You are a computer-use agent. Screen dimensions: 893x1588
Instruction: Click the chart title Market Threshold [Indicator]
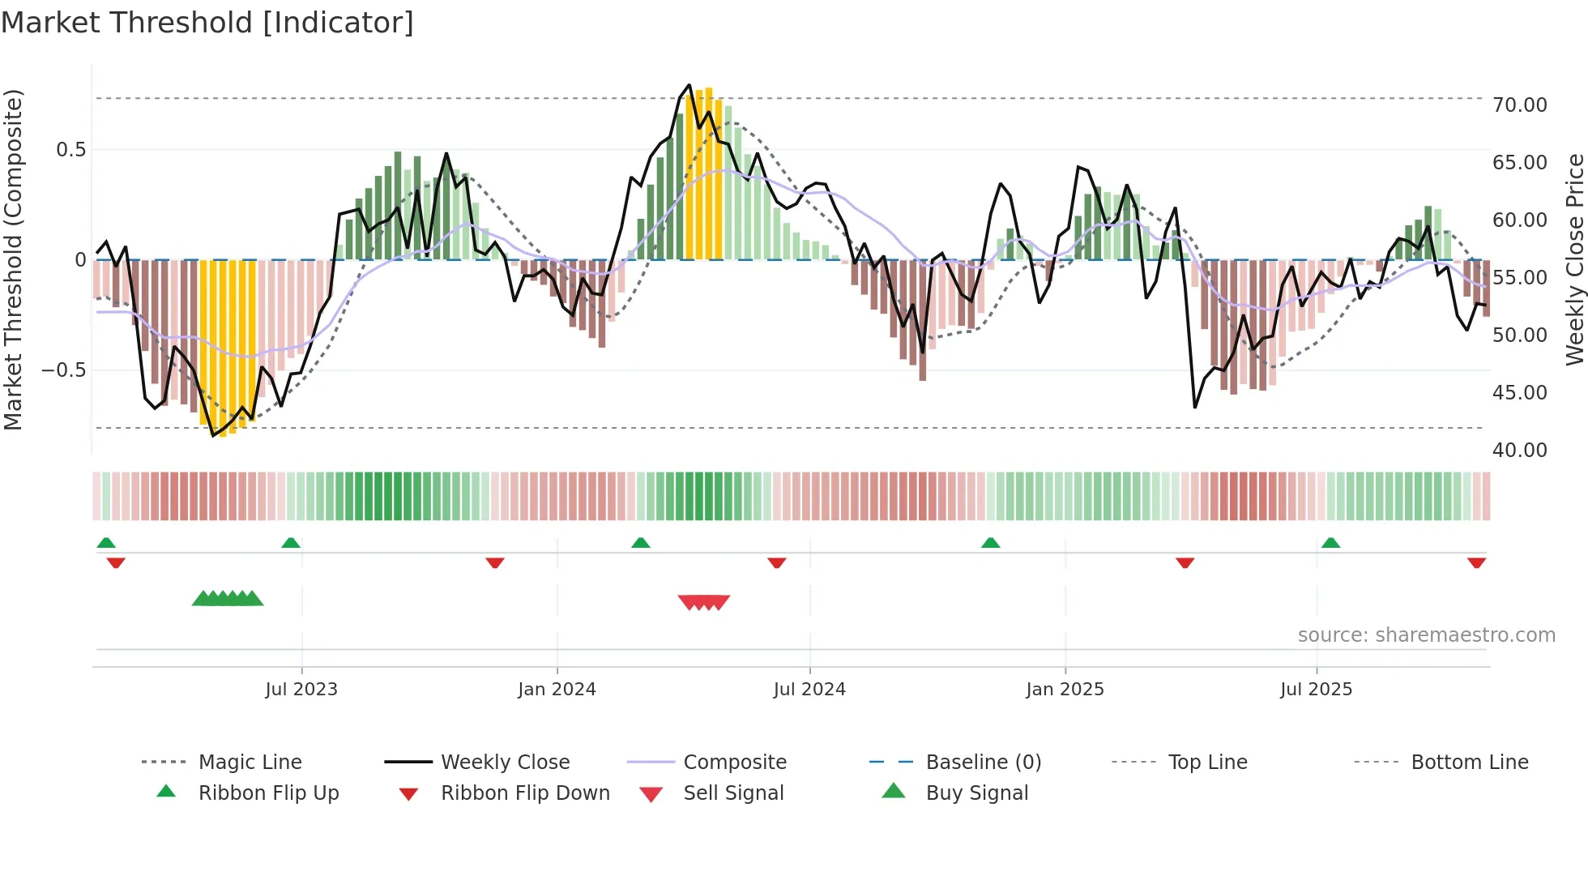click(x=207, y=23)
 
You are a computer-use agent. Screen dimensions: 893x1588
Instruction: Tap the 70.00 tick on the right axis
click(x=1519, y=105)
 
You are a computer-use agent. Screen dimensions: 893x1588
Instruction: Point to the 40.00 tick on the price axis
click(x=1519, y=451)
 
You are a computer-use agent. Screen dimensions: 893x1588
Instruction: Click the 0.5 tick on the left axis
click(x=70, y=150)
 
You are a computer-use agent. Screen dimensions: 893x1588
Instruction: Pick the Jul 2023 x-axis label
click(x=301, y=690)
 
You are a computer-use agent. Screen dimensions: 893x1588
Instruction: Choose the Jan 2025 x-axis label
click(x=1065, y=690)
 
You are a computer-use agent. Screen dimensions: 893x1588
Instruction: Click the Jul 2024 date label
click(x=809, y=690)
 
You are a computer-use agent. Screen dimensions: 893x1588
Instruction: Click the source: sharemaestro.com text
click(x=1426, y=635)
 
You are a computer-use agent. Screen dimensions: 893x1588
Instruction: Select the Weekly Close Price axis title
click(x=1574, y=259)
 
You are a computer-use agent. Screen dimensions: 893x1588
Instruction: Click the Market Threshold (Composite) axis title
click(x=13, y=259)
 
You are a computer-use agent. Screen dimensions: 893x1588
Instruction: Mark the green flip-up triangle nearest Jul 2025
click(x=1330, y=543)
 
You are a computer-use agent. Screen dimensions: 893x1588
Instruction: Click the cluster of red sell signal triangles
click(x=704, y=602)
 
